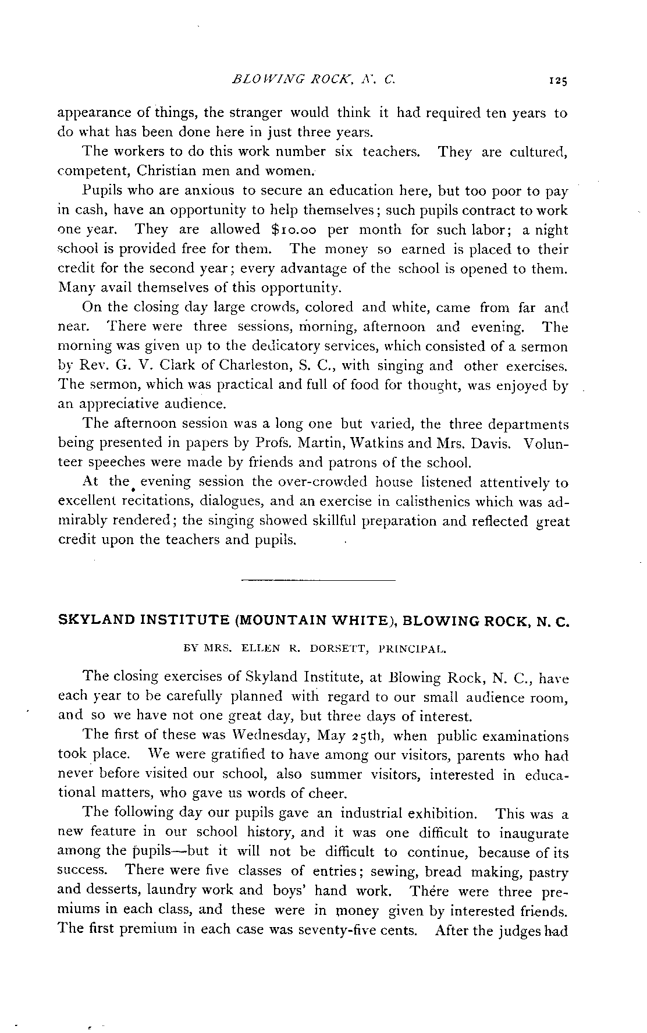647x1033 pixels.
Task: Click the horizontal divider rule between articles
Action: click(x=318, y=580)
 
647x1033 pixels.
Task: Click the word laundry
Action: click(x=174, y=890)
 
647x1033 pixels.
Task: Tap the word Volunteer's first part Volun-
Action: click(x=546, y=443)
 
